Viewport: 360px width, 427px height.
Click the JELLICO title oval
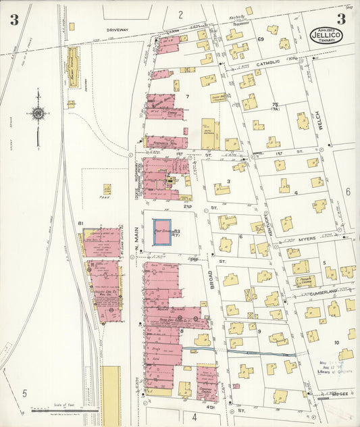click(x=327, y=34)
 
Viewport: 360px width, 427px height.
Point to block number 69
click(x=260, y=40)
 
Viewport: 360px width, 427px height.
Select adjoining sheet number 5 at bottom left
click(x=24, y=393)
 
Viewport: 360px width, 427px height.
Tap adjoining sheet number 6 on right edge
click(x=349, y=192)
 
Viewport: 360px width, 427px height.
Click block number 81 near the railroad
click(x=80, y=223)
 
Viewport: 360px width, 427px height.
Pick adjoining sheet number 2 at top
click(x=181, y=14)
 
